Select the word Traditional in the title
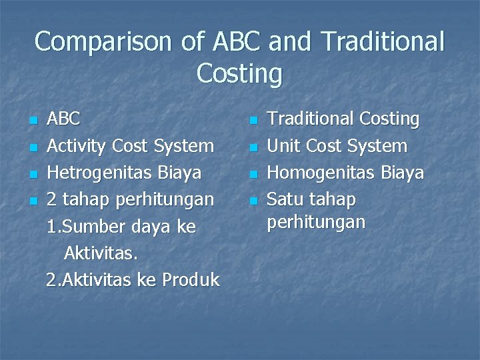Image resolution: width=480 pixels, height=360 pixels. click(x=382, y=42)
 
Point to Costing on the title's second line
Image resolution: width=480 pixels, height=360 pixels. click(x=239, y=73)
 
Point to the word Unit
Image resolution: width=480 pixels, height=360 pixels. click(x=283, y=145)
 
